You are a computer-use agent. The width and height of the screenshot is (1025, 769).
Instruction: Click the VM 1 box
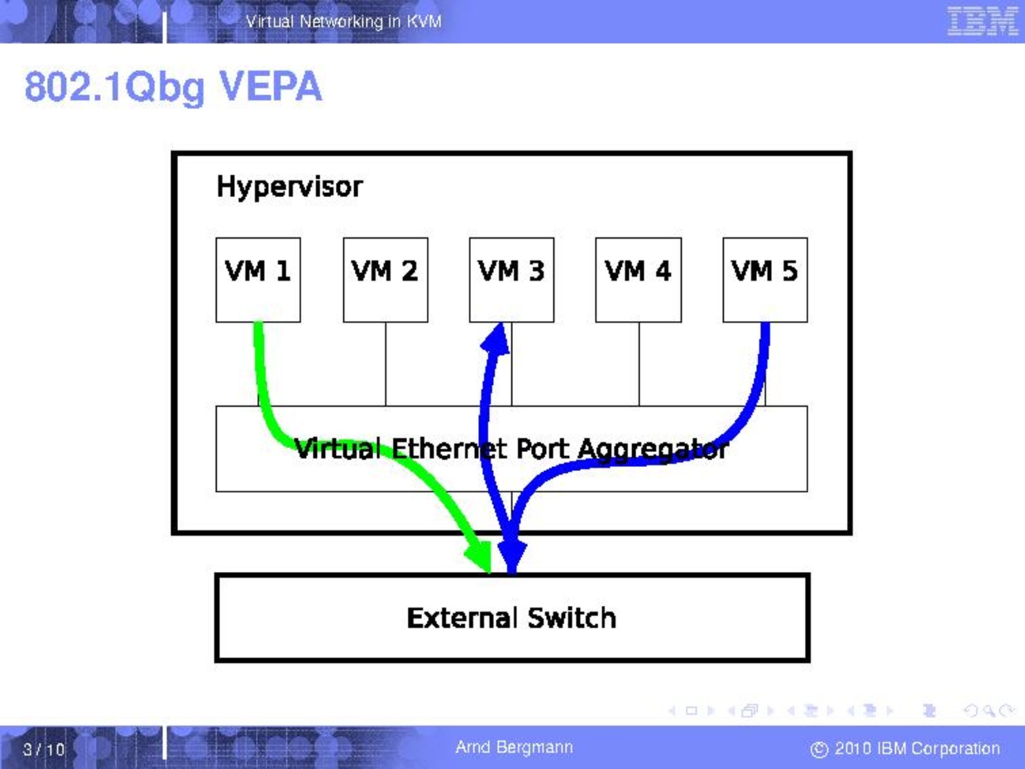click(258, 279)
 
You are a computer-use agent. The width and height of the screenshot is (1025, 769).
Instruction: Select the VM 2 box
click(385, 279)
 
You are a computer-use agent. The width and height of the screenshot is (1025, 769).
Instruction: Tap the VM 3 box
click(512, 279)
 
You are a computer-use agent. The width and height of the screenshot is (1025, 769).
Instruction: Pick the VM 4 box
click(638, 279)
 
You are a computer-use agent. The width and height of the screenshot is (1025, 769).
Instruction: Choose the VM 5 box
click(765, 279)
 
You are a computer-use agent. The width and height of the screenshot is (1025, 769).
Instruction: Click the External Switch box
click(512, 618)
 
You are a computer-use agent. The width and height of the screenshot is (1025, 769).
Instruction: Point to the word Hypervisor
click(290, 188)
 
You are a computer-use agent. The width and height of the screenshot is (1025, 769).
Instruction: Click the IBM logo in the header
click(983, 21)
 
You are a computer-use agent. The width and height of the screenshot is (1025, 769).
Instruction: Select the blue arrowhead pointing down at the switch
click(512, 557)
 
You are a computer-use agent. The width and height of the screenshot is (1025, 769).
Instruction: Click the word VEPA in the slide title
click(271, 86)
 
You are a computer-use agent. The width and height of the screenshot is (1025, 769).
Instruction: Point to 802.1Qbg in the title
click(114, 88)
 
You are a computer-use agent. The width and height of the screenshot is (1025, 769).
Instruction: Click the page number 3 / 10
click(44, 749)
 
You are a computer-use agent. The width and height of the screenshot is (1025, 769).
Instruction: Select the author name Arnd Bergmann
click(514, 747)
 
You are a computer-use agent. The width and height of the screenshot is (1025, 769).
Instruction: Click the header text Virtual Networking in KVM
click(344, 22)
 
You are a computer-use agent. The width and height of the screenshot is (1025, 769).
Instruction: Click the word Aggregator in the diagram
click(653, 450)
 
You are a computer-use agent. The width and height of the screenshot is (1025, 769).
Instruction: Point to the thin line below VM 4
click(639, 364)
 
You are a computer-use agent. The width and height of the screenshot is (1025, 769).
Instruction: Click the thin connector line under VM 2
click(385, 364)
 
